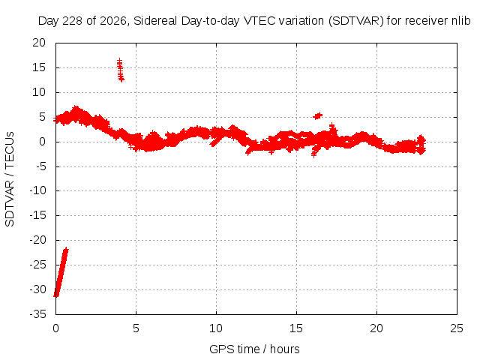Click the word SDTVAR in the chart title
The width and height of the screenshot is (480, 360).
(x=356, y=21)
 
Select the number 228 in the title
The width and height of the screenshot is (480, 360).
(x=73, y=21)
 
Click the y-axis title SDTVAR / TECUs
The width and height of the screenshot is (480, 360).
(x=10, y=179)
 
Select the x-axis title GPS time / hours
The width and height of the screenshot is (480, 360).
(x=254, y=349)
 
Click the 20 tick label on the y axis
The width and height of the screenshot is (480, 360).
(x=39, y=43)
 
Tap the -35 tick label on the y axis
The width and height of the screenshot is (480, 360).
(x=37, y=314)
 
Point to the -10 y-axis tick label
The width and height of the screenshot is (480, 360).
(x=37, y=190)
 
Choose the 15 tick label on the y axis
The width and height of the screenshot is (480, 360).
(x=39, y=67)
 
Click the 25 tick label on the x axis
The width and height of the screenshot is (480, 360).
(x=457, y=328)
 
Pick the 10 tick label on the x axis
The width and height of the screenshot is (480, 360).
(x=216, y=328)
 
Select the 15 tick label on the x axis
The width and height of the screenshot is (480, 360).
(x=296, y=328)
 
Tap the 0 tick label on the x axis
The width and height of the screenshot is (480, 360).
(x=55, y=328)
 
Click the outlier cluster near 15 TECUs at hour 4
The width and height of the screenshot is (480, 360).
(x=120, y=70)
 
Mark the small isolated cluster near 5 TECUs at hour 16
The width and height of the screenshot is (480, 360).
(x=318, y=115)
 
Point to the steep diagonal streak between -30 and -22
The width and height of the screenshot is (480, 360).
(x=61, y=272)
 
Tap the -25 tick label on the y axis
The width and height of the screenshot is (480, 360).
(x=37, y=265)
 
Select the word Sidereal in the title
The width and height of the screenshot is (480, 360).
(x=155, y=21)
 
